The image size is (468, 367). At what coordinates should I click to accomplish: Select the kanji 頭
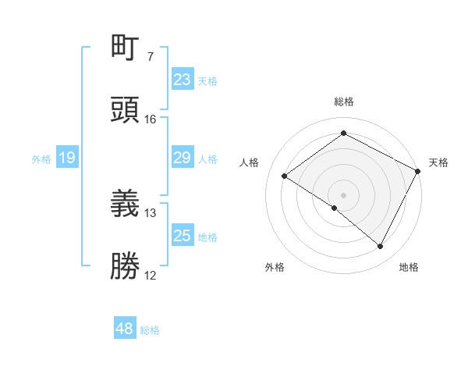point(126,109)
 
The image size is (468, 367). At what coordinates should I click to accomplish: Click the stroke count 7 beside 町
point(151,57)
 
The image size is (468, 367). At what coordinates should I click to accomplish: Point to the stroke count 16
point(151,119)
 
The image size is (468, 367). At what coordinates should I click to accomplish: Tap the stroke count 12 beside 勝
point(151,276)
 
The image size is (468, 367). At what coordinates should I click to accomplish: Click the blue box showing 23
point(183,79)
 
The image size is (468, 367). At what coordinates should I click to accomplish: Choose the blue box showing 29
point(183,158)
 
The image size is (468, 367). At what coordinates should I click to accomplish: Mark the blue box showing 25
point(183,236)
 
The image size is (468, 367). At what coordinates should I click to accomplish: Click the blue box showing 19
point(67,158)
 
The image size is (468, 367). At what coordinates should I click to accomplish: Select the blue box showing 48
point(125,329)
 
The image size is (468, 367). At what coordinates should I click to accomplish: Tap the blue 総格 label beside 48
point(150,330)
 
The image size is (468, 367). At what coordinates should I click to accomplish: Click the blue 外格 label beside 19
point(41,159)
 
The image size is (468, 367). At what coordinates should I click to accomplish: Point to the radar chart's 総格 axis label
point(344,102)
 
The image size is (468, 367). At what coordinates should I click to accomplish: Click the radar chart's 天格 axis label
point(438,162)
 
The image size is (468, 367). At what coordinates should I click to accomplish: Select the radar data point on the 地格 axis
point(381,247)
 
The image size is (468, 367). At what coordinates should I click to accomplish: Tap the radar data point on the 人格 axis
point(285,176)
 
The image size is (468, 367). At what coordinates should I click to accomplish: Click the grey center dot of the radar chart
point(344,194)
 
